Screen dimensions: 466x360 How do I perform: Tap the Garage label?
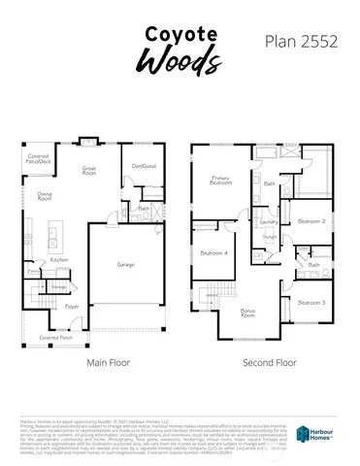[126, 263]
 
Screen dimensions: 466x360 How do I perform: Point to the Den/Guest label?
[143, 166]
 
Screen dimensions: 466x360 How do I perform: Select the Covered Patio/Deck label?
[39, 157]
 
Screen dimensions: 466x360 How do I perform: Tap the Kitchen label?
[59, 260]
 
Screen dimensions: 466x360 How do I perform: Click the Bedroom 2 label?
[311, 221]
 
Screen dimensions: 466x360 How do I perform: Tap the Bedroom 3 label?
[311, 303]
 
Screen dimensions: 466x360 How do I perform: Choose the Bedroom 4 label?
[213, 253]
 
